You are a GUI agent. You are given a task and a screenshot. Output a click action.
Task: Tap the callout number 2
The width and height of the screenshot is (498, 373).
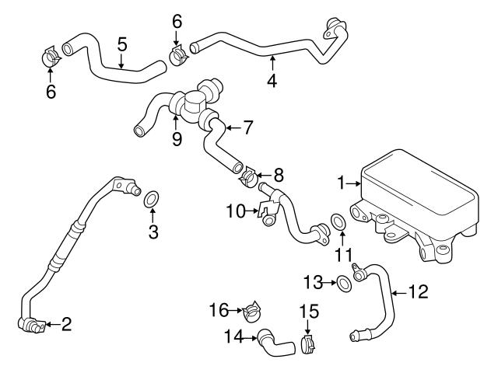click(x=67, y=325)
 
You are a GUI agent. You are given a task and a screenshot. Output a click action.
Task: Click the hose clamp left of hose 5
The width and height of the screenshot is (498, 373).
click(x=51, y=58)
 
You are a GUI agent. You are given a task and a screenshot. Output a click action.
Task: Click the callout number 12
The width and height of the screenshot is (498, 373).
click(x=419, y=292)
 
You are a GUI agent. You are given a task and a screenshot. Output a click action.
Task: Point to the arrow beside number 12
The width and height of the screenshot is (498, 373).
click(x=399, y=292)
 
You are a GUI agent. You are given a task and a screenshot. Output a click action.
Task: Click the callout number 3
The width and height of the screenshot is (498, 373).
click(x=153, y=231)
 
